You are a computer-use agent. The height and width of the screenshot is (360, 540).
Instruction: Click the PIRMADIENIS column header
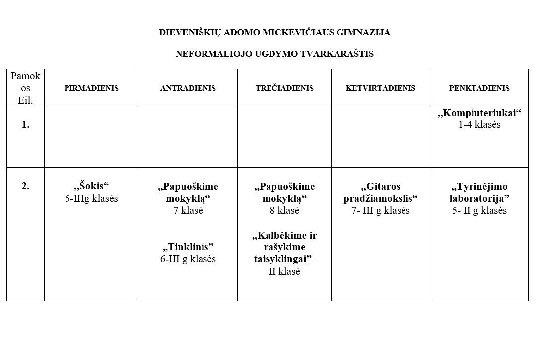pyautogui.click(x=91, y=88)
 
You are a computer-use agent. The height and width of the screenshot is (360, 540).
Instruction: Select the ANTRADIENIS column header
pyautogui.click(x=188, y=88)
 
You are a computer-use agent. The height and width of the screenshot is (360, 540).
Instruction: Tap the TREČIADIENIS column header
pyautogui.click(x=284, y=88)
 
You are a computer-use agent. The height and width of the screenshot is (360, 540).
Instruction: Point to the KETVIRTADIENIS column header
pyautogui.click(x=381, y=88)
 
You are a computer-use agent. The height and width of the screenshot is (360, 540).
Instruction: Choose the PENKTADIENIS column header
pyautogui.click(x=479, y=88)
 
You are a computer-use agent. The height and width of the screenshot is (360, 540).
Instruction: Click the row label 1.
pyautogui.click(x=25, y=125)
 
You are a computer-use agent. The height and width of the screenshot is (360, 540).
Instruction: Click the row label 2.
pyautogui.click(x=25, y=187)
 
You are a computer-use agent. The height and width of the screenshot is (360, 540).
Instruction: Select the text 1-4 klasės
pyautogui.click(x=479, y=125)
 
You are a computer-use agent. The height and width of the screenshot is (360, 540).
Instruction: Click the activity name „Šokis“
pyautogui.click(x=91, y=187)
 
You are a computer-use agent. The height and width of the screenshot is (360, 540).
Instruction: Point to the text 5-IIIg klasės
pyautogui.click(x=91, y=199)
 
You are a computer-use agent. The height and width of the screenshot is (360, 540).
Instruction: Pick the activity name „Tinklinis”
pyautogui.click(x=188, y=247)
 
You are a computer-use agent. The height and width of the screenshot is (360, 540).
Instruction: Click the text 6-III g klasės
pyautogui.click(x=188, y=259)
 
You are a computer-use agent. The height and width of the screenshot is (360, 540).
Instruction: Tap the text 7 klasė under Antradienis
pyautogui.click(x=188, y=210)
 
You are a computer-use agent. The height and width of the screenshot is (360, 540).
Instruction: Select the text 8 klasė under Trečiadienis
pyautogui.click(x=284, y=210)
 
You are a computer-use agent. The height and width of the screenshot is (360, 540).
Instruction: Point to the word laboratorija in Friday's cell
pyautogui.click(x=476, y=199)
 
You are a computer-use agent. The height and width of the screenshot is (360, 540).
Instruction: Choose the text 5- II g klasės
pyautogui.click(x=479, y=210)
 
